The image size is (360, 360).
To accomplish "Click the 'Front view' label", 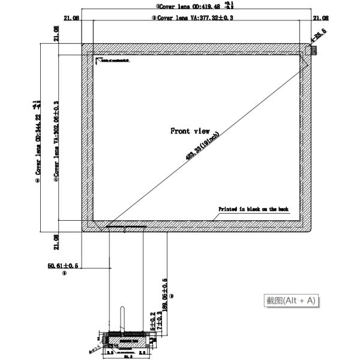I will click(x=190, y=131).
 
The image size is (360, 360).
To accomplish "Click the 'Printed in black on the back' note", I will click(x=253, y=209).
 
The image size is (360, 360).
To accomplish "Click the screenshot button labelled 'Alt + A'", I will click(x=291, y=300).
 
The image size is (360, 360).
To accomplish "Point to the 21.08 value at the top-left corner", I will click(x=71, y=18).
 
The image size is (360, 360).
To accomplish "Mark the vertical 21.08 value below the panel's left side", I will click(x=56, y=241).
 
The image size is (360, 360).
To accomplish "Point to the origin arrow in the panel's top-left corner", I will click(x=97, y=59).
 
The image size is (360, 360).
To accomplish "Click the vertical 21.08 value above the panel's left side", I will click(x=56, y=34).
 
